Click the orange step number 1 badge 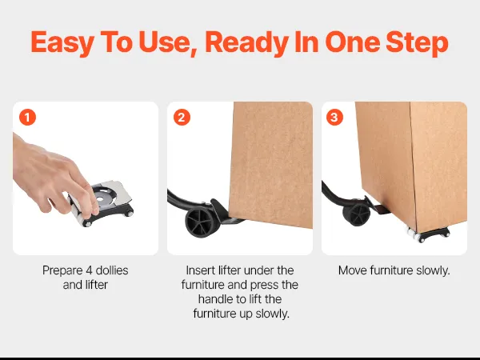pos(27,118)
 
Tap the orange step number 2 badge pos(182,118)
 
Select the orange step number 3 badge pos(334,118)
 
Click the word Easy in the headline pos(62,43)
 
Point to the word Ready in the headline pos(247,43)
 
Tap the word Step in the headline pos(417,43)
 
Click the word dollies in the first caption pos(112,270)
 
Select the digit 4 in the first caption pos(89,270)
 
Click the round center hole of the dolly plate pos(100,199)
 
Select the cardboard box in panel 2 pos(271,164)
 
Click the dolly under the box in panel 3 pos(428,234)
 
